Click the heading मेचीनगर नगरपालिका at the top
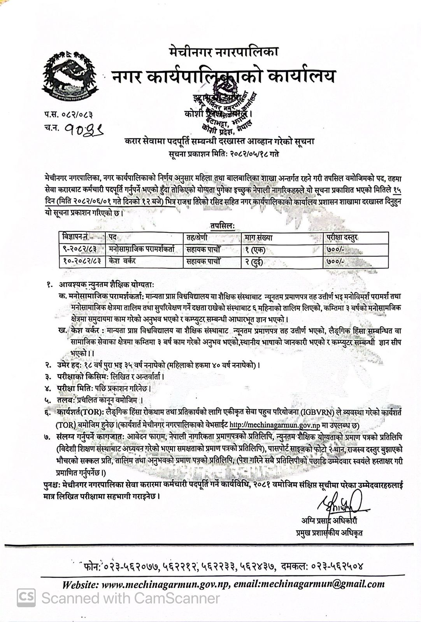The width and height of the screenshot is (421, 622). click(224, 51)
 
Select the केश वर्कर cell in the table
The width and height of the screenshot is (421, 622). click(122, 261)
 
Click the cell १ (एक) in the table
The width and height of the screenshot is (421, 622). click(255, 249)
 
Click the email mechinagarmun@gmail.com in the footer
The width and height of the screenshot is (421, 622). click(323, 584)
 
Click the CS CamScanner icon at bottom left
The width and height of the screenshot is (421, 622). click(26, 598)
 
